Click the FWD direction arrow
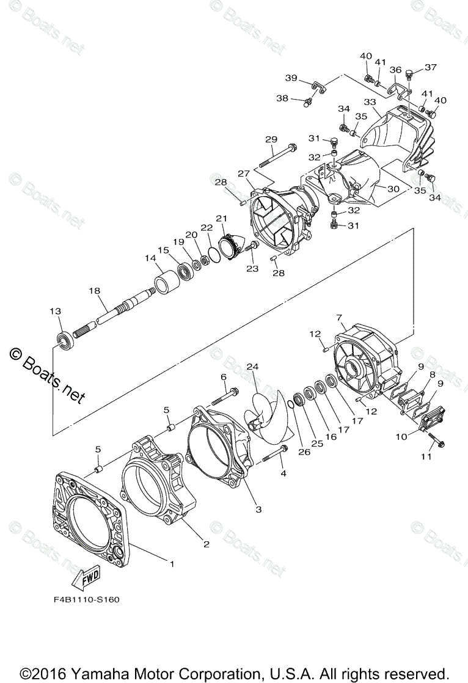(x=84, y=578)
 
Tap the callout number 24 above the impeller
(x=252, y=367)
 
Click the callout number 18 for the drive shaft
(x=94, y=291)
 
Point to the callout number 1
(x=172, y=564)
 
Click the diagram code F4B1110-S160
(x=86, y=599)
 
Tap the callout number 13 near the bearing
(x=56, y=311)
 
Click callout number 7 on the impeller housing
(x=339, y=317)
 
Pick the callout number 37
(x=431, y=67)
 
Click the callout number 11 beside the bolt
(x=426, y=456)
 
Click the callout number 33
(x=370, y=101)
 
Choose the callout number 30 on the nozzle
(x=393, y=189)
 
